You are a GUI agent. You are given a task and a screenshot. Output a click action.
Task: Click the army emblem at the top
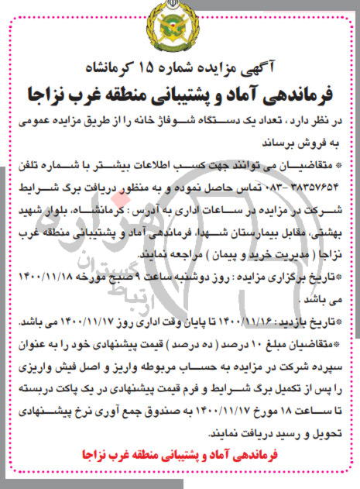click(180, 32)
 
